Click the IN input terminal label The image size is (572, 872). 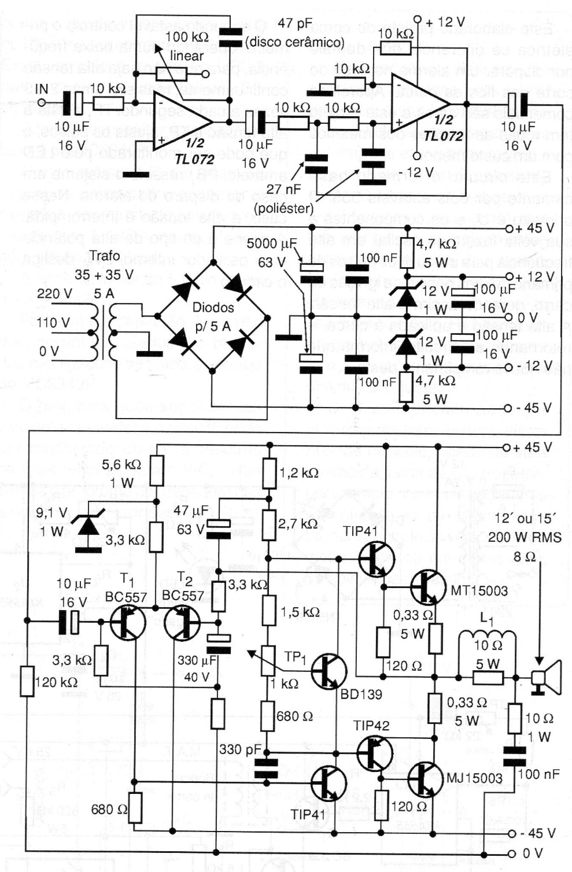click(x=42, y=88)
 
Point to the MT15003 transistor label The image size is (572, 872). click(x=479, y=590)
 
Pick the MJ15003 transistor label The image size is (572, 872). click(x=474, y=778)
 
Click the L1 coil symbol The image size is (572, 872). click(x=488, y=638)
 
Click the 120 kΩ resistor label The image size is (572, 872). click(x=56, y=682)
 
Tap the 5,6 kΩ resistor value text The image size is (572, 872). click(x=121, y=464)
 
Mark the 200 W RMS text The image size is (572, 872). click(x=525, y=537)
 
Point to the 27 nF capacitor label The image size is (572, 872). click(x=283, y=189)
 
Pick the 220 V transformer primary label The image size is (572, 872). click(x=54, y=294)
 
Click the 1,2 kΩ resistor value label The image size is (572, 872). click(x=298, y=472)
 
